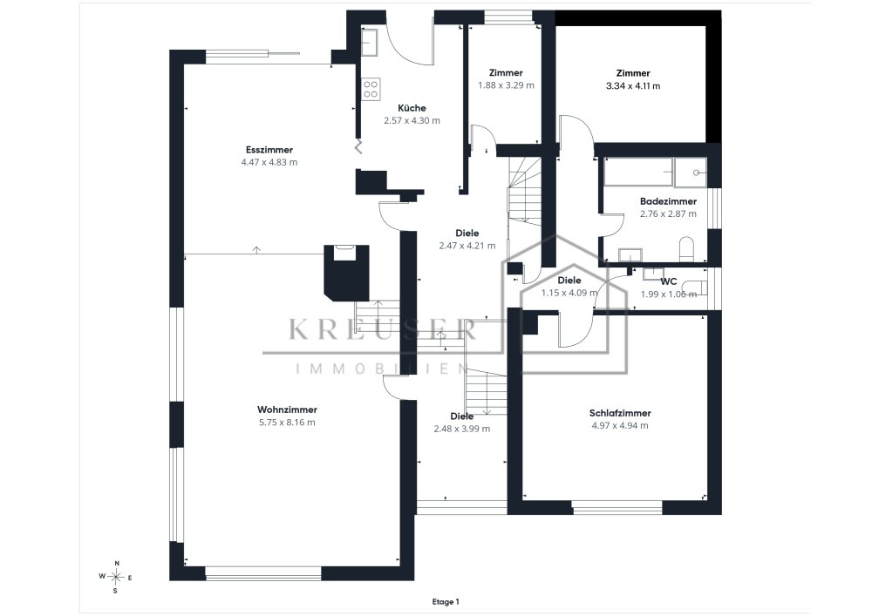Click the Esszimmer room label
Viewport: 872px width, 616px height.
tap(269, 149)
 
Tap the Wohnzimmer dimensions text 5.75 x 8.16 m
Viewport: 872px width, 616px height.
tap(287, 423)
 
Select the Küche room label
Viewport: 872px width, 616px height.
tap(412, 108)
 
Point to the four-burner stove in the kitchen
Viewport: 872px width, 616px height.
tap(371, 89)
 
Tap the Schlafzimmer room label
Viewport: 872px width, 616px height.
tap(620, 413)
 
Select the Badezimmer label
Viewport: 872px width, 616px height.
tap(668, 201)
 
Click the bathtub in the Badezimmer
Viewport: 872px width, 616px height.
tap(638, 172)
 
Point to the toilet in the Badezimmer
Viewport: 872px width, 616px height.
tap(687, 248)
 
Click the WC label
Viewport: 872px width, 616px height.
tap(669, 281)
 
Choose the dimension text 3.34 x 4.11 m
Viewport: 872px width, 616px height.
tap(633, 86)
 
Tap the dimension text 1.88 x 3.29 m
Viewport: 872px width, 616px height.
tap(506, 85)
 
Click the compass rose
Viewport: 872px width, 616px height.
tap(116, 577)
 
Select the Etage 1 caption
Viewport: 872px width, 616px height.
tap(446, 601)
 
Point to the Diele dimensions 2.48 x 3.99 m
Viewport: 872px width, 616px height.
tap(461, 429)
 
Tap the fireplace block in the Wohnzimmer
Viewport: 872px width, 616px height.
tap(346, 272)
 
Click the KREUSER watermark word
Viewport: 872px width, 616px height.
tap(383, 329)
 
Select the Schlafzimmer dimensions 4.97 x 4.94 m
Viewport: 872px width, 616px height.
tap(620, 425)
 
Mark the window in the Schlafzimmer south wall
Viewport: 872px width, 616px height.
tap(617, 507)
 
